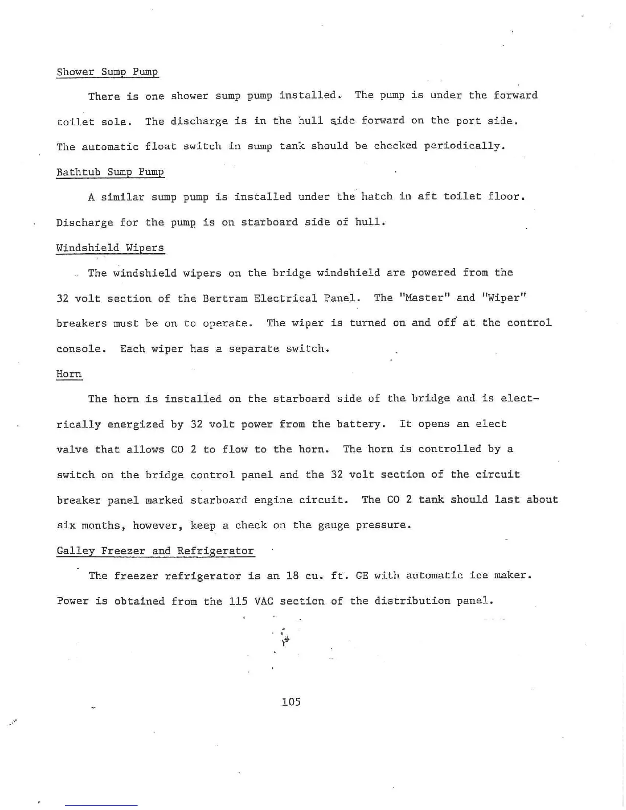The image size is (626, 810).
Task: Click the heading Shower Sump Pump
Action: coord(107,72)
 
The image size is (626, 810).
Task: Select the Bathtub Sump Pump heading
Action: coord(110,172)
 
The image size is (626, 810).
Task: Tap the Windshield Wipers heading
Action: coord(110,247)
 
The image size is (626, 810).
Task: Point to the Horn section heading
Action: coord(69,374)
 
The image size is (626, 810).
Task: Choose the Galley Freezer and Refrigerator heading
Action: coord(155,551)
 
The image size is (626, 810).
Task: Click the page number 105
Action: coord(291,702)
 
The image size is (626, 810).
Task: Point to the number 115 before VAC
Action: coord(238,601)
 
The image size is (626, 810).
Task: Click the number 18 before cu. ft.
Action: coord(292,576)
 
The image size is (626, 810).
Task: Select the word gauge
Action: coord(334,526)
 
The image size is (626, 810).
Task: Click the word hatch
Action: coord(377,197)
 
